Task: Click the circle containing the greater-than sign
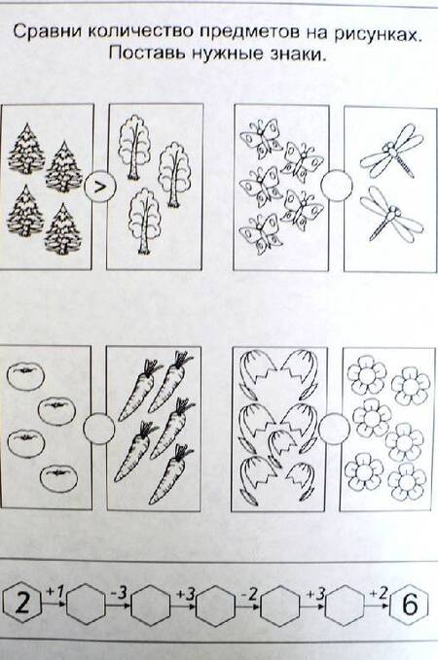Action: click(99, 188)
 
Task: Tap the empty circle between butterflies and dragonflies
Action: click(336, 186)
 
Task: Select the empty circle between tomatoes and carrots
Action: click(98, 428)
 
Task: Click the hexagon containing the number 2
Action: click(22, 604)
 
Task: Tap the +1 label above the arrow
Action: click(55, 592)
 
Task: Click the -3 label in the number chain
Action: click(119, 593)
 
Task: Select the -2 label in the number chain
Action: click(249, 594)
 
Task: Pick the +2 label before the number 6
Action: click(378, 594)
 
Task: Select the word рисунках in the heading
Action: click(378, 35)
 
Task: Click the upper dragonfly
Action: click(391, 151)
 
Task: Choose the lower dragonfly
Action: click(391, 214)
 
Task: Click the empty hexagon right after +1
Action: click(86, 604)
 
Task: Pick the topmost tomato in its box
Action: click(25, 376)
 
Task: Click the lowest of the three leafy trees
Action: click(144, 220)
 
